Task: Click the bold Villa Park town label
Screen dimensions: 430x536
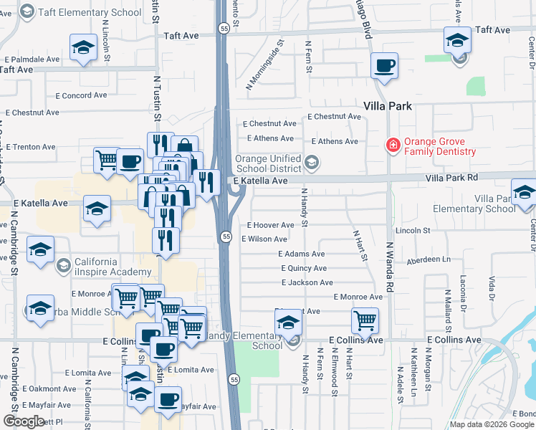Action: pyautogui.click(x=388, y=105)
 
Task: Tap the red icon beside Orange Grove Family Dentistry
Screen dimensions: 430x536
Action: pyautogui.click(x=393, y=145)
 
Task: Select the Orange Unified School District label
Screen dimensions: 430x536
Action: pyautogui.click(x=269, y=163)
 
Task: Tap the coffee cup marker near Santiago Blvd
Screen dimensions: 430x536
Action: pyautogui.click(x=384, y=66)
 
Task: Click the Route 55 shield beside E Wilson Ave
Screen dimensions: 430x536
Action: pyautogui.click(x=226, y=236)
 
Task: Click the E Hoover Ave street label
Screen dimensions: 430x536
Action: pyautogui.click(x=271, y=225)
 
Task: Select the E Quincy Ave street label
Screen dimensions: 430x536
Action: pyautogui.click(x=305, y=268)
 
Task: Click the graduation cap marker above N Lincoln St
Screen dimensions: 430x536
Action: pyautogui.click(x=83, y=48)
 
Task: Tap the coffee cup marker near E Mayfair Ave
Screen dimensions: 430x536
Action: pyautogui.click(x=168, y=399)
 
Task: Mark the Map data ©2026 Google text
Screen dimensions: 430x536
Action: pyautogui.click(x=491, y=424)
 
